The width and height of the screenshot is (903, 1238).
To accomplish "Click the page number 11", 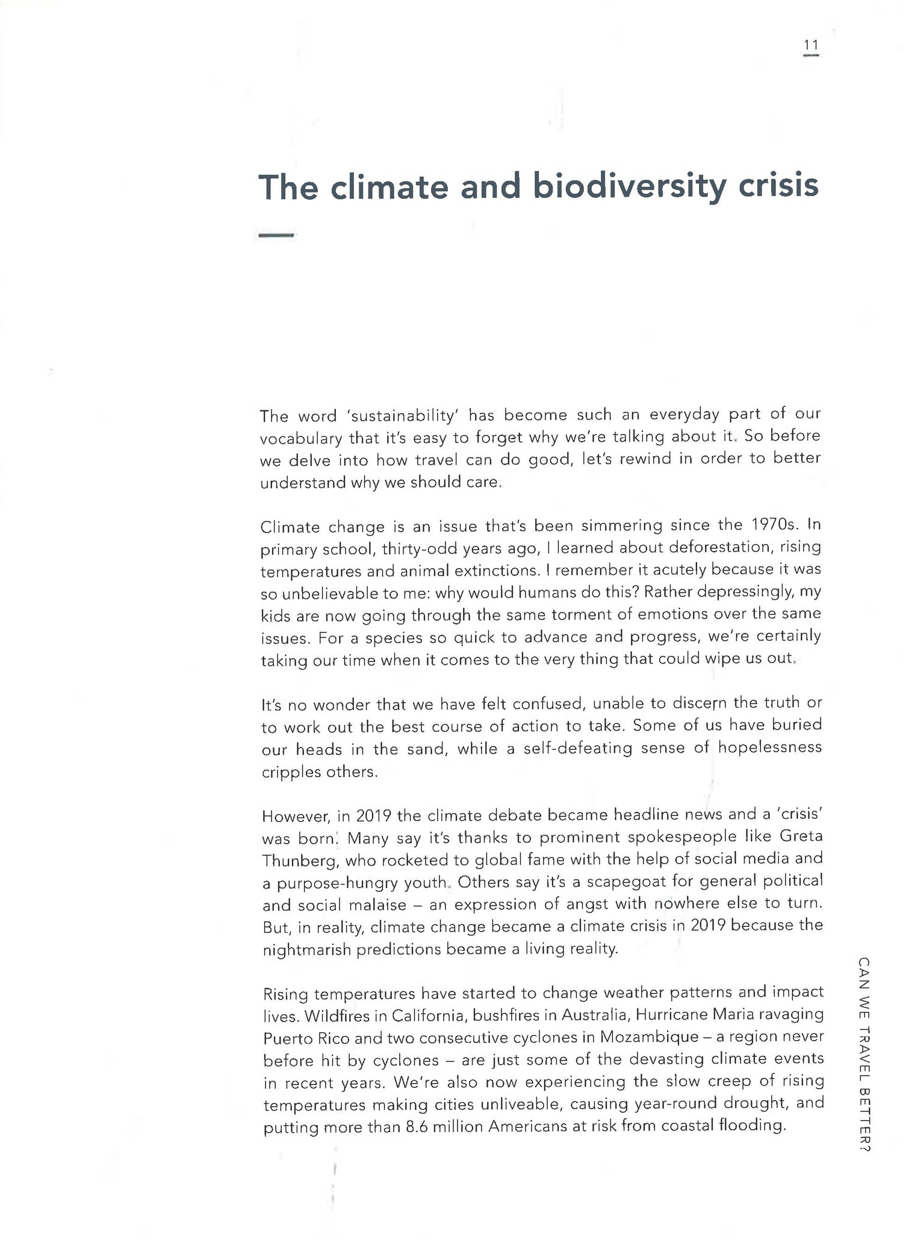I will tap(811, 45).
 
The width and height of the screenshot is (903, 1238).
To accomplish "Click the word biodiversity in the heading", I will tap(629, 186).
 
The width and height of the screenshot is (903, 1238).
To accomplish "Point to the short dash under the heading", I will tap(276, 235).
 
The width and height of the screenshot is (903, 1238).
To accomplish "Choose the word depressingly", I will tap(740, 592).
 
